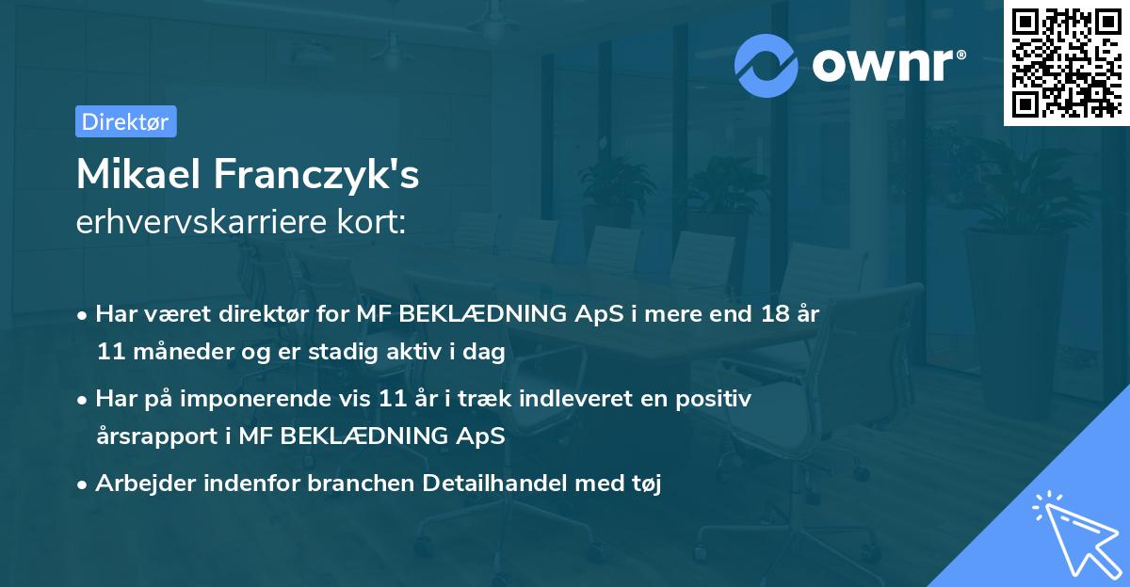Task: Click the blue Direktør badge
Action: [126, 121]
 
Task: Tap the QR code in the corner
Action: [1067, 63]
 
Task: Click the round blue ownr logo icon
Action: [766, 66]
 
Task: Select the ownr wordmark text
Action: [889, 65]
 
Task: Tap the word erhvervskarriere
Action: [202, 222]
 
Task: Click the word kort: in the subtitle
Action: [371, 222]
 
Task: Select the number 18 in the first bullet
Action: [775, 314]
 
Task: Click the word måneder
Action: [183, 351]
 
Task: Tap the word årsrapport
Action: [157, 436]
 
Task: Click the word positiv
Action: [714, 400]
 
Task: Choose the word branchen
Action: [362, 483]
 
